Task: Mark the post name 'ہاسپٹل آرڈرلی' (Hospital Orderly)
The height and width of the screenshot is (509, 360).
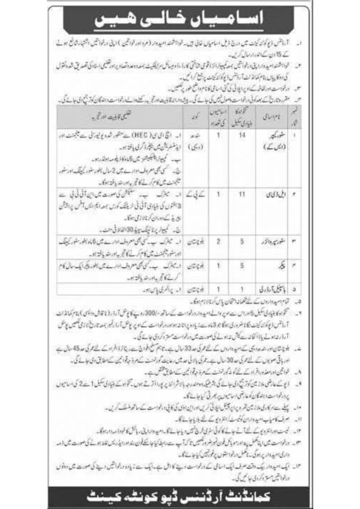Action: click(x=280, y=287)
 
